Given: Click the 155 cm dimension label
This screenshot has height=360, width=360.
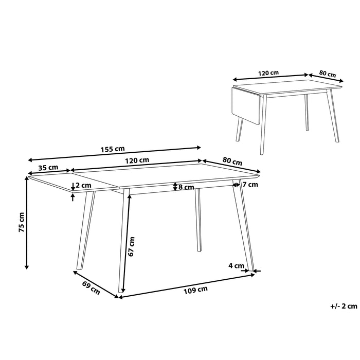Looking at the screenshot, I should (x=114, y=149).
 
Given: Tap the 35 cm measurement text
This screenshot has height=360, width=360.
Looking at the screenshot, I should (x=47, y=168).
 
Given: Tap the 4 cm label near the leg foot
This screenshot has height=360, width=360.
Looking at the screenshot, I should (x=236, y=265).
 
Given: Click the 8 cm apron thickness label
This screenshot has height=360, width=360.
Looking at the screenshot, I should (x=186, y=187).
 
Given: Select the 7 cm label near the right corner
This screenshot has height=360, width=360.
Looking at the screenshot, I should (x=250, y=184).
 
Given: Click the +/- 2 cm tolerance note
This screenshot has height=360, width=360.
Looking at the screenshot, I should (x=343, y=306).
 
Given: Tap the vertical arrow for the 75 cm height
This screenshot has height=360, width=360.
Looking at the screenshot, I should (x=27, y=222).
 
